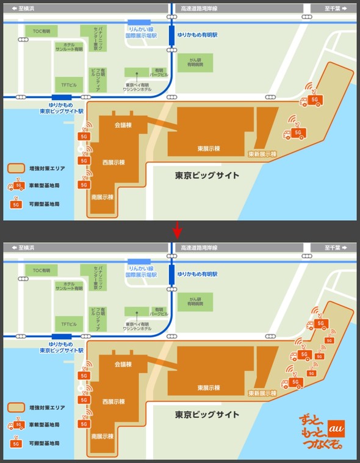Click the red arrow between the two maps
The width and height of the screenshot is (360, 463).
[178, 231]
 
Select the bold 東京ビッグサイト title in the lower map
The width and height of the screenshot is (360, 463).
[207, 414]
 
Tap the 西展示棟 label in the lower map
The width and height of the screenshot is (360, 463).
[113, 401]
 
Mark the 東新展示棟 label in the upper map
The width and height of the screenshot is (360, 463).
[262, 154]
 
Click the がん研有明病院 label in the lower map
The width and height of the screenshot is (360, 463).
[196, 300]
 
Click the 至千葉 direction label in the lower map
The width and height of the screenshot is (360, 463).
[333, 248]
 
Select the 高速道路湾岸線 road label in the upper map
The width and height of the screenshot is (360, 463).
[200, 9]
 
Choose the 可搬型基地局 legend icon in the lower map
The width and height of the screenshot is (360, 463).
[16, 442]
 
